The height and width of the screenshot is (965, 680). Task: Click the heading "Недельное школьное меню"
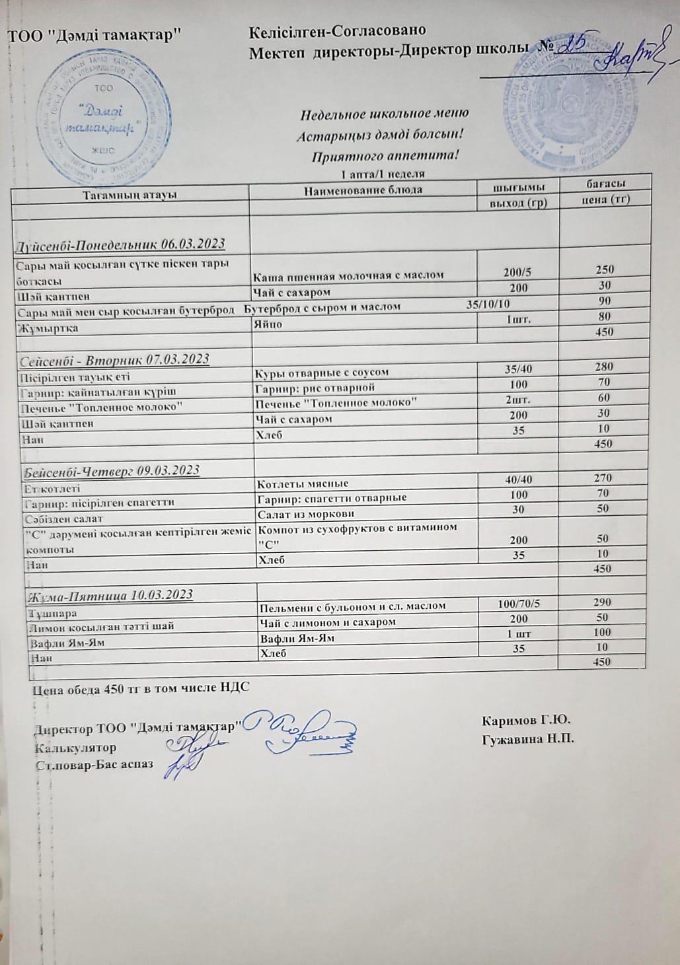point(385,114)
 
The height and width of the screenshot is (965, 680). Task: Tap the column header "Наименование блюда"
point(363,190)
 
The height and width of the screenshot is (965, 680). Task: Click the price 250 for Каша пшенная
point(604,269)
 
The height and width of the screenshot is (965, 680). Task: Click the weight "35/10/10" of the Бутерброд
point(488,304)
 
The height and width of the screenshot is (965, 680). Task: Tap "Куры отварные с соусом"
point(322,373)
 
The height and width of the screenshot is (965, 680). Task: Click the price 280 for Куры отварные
point(603,367)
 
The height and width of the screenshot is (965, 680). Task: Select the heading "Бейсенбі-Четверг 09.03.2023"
point(112,471)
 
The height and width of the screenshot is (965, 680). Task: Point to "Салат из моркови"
point(306,514)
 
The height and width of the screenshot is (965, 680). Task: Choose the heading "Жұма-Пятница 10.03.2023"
point(112,594)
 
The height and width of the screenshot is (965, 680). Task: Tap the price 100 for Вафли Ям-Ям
point(602,632)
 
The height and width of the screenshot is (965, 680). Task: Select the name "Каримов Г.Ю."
point(527,719)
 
